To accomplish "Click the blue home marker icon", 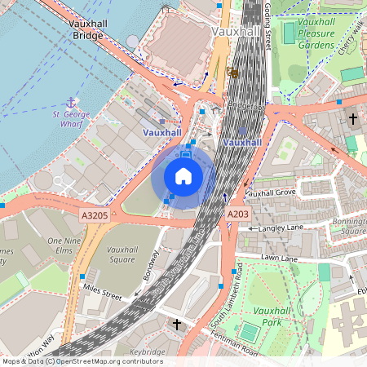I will [183, 176].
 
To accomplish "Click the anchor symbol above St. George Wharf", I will [71, 102].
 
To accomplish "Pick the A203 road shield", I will [237, 214].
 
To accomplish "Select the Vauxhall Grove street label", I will [270, 193].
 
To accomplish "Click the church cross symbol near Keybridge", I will [177, 325].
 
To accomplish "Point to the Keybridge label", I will [147, 352].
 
